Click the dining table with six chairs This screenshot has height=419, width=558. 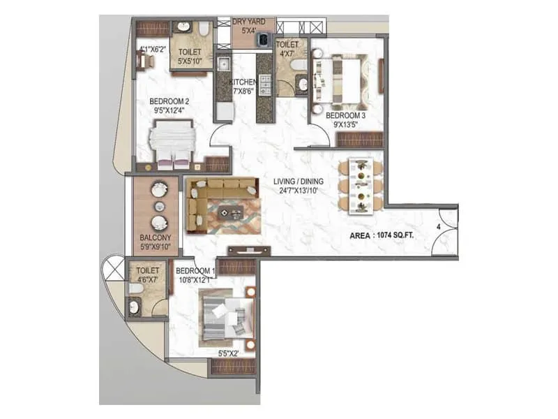[x=360, y=185]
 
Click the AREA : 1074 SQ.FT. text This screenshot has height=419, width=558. [x=382, y=236]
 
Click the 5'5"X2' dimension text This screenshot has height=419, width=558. [x=229, y=353]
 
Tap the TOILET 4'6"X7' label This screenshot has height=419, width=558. [x=148, y=274]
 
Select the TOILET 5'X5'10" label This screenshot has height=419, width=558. [x=190, y=55]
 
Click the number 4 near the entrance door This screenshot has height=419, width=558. [x=439, y=227]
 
